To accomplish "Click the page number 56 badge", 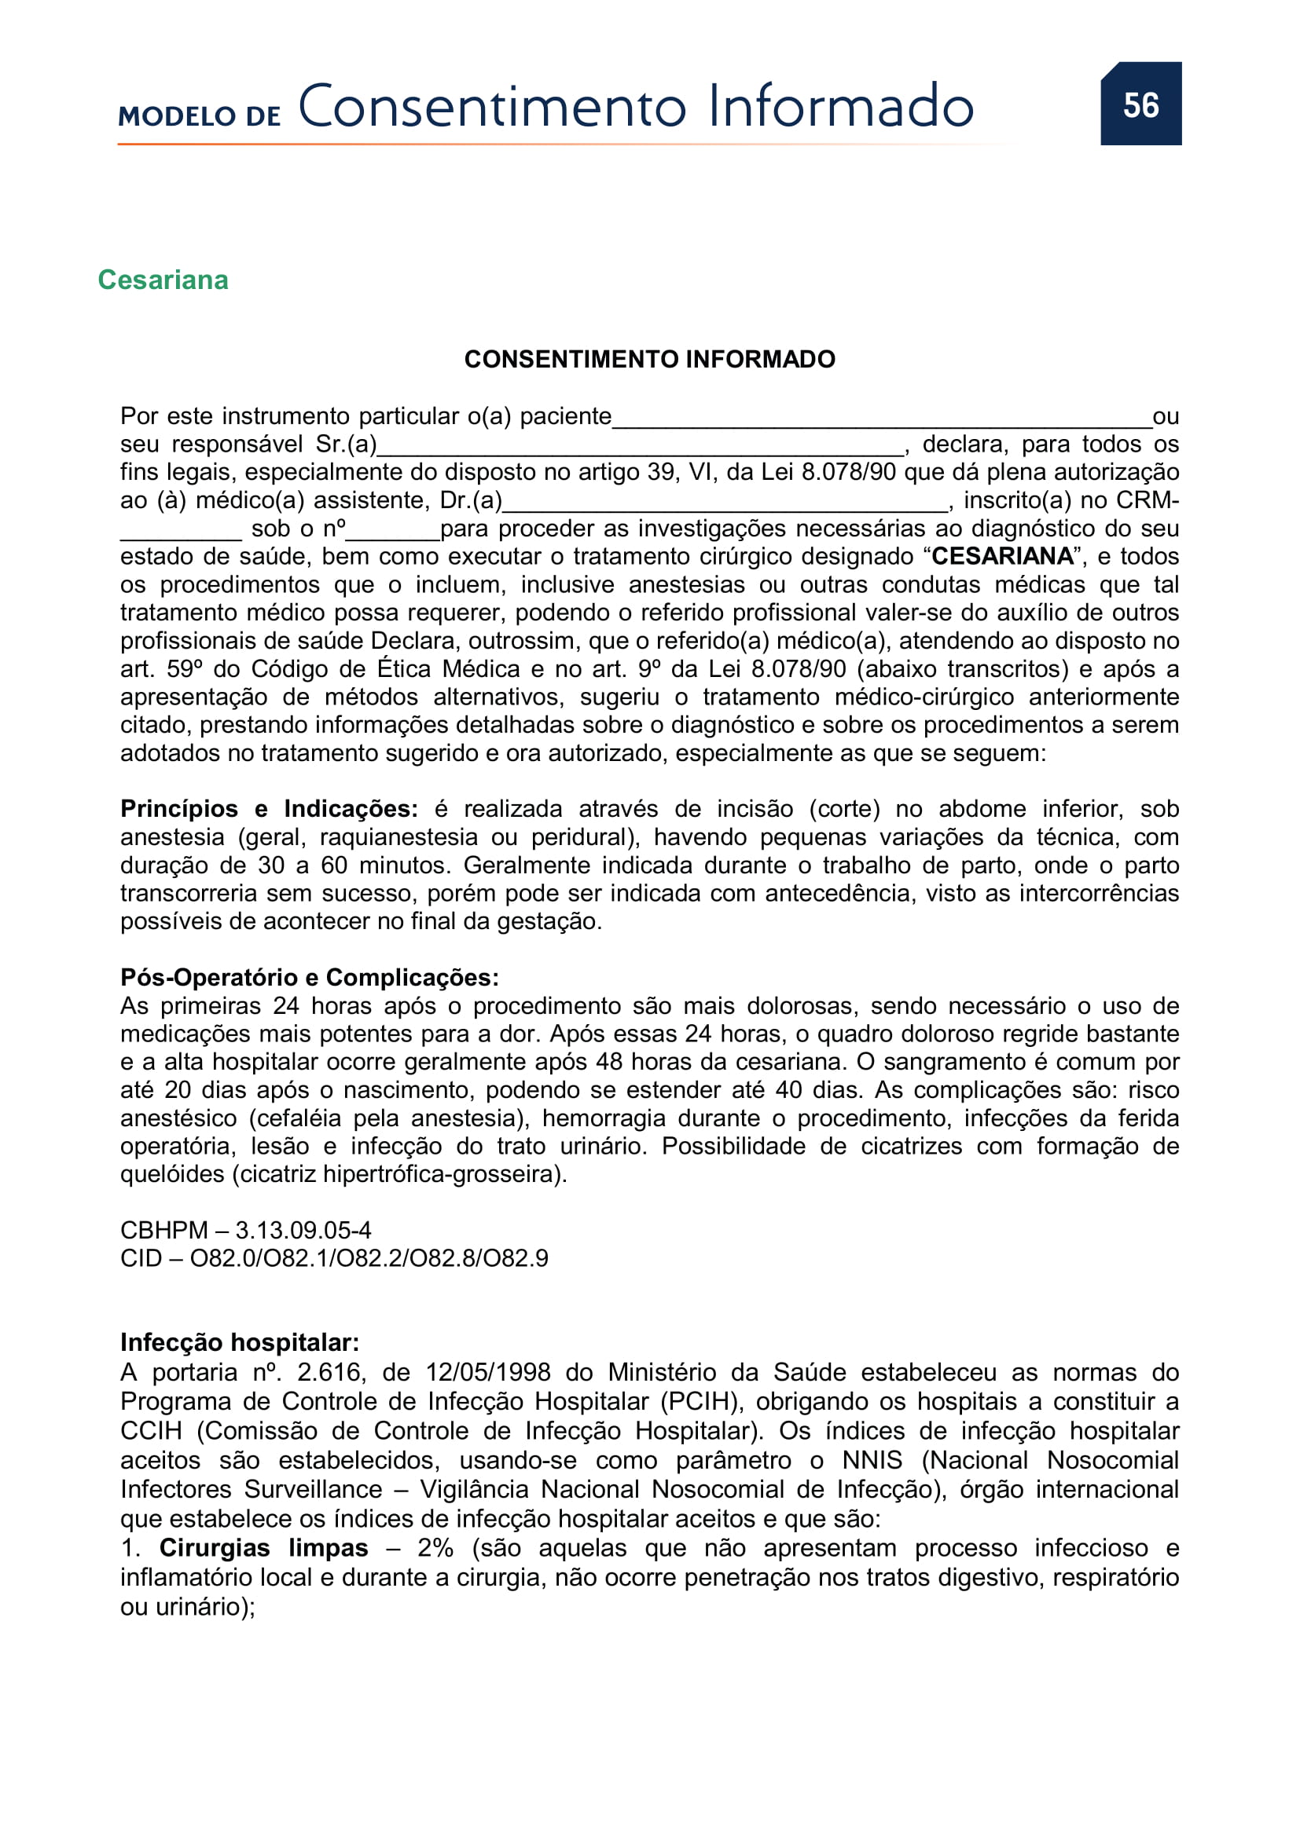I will point(1140,104).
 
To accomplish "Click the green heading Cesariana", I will point(163,280).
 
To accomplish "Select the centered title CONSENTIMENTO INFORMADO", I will point(649,359).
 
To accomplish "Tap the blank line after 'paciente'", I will point(881,419).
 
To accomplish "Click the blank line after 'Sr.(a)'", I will point(641,447).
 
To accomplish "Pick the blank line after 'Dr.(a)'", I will point(725,503).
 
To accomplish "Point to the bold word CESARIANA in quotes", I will point(1002,556).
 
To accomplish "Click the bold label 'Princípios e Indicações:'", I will point(269,809).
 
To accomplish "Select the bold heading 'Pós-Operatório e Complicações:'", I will point(309,978).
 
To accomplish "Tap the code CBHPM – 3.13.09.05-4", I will point(246,1230).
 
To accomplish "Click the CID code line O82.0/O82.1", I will point(334,1258).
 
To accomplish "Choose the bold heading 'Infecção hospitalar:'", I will point(240,1342).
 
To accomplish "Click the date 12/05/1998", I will point(487,1372).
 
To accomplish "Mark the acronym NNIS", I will point(872,1460).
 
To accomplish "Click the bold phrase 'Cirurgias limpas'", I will point(263,1548).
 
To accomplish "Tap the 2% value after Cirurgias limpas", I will point(435,1548).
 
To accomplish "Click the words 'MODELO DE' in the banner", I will point(200,116).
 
